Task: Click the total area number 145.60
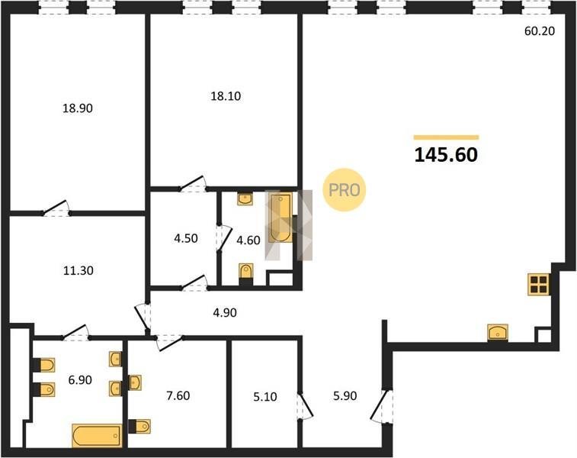446,155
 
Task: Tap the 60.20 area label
540,31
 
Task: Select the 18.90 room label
77,108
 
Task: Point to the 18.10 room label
226,96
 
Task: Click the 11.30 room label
79,271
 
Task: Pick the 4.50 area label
186,238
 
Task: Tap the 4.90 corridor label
225,313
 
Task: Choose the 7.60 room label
178,395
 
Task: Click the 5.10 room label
265,397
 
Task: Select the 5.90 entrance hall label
345,395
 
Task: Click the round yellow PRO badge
344,190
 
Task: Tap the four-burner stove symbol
539,285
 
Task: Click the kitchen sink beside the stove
498,333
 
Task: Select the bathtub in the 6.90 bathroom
97,436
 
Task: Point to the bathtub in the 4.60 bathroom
280,218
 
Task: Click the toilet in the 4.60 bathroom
245,274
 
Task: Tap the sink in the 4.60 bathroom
245,199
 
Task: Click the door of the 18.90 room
56,208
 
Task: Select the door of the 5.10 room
305,405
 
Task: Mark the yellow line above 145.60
446,137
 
